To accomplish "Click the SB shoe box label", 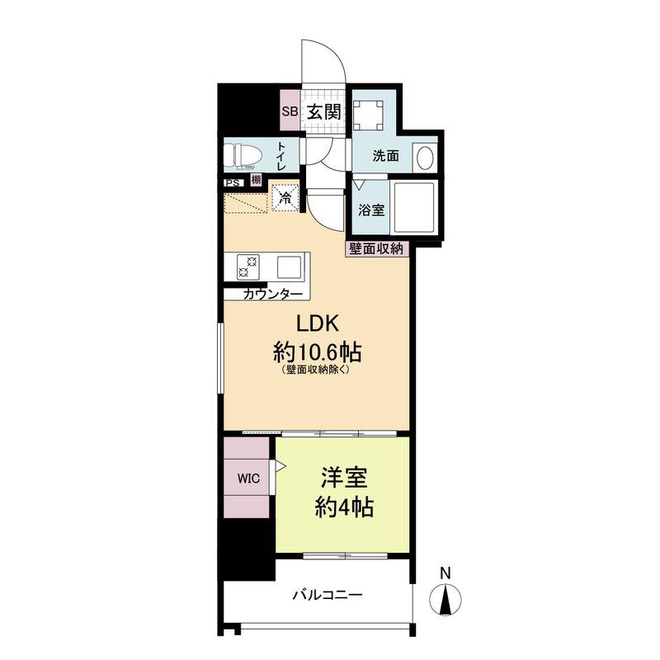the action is tap(290, 111).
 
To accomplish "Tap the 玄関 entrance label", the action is tap(323, 111).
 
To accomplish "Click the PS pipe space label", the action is tap(233, 183).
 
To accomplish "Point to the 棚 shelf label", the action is tap(256, 180).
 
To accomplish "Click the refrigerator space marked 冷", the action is tap(285, 197).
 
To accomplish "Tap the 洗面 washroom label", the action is tap(385, 156).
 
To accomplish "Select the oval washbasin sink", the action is tap(425, 158).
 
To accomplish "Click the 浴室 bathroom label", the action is tap(371, 210).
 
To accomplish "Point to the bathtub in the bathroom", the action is tap(413, 208).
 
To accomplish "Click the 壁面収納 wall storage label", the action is tap(376, 249).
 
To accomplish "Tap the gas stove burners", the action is tap(248, 266).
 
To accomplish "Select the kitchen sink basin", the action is tap(289, 267).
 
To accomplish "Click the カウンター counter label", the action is tap(273, 295).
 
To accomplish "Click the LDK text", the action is tap(318, 324).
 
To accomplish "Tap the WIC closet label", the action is tap(248, 478).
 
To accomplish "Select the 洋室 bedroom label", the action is tap(344, 478).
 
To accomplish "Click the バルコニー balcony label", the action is tap(328, 595).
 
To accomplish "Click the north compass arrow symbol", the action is tap(445, 599).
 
